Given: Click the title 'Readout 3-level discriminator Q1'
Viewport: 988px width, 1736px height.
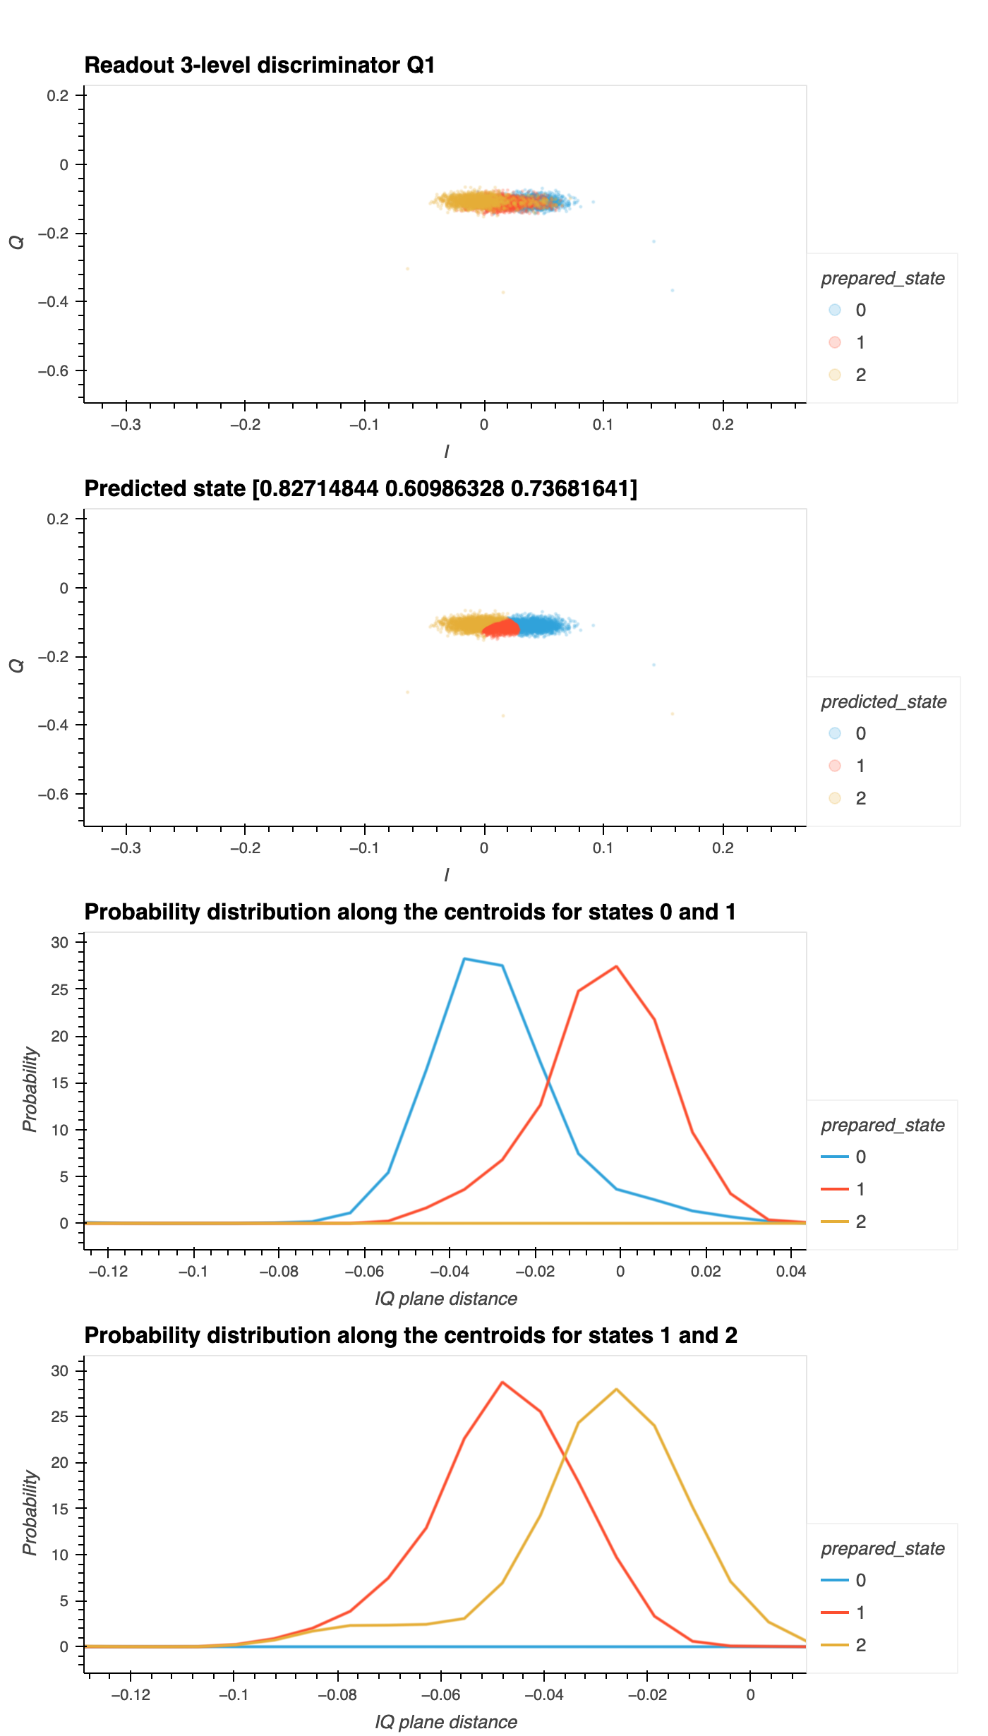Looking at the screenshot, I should [x=259, y=65].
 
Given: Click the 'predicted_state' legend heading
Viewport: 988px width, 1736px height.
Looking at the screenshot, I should [x=884, y=701].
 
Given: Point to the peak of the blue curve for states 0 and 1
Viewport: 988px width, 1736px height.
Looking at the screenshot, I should [x=464, y=959].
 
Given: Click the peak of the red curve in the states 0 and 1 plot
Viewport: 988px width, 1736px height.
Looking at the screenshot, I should [x=616, y=967].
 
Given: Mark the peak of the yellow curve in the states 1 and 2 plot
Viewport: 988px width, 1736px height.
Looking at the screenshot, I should [x=616, y=1390].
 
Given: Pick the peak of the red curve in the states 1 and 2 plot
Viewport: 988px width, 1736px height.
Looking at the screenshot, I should [x=502, y=1382].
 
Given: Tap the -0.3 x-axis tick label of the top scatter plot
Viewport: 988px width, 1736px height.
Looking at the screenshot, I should [x=126, y=425].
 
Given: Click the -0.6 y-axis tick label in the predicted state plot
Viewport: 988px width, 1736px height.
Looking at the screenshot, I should [x=54, y=794].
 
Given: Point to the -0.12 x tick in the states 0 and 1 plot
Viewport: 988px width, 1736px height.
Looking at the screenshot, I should [x=108, y=1272].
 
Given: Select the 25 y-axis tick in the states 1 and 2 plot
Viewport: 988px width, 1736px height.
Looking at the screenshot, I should [x=60, y=1417].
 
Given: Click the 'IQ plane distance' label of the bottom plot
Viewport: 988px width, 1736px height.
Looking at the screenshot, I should [x=446, y=1722].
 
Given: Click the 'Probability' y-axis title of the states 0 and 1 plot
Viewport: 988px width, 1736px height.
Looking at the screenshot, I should [x=30, y=1090].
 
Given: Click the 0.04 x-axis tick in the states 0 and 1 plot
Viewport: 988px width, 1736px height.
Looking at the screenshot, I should [x=790, y=1272].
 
